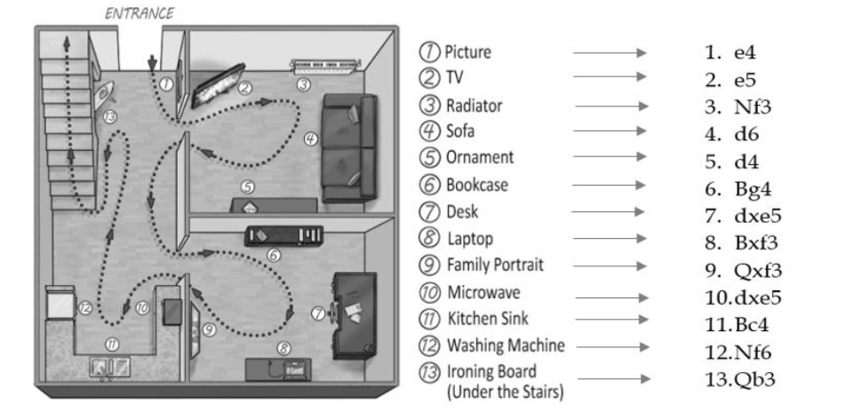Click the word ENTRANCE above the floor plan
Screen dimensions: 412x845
[140, 13]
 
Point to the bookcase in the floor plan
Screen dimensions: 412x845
[283, 235]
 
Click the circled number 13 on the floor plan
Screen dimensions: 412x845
[109, 116]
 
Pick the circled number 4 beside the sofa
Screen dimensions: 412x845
[310, 139]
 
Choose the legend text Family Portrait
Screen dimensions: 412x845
[496, 265]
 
